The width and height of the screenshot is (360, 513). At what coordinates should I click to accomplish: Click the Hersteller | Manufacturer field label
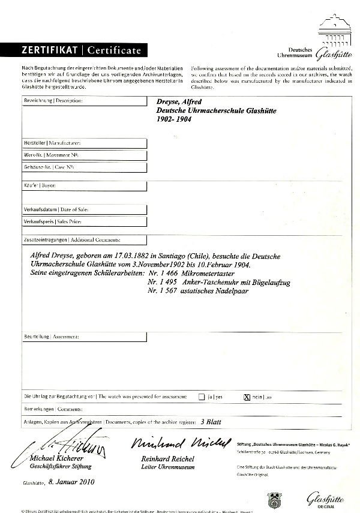tap(52, 143)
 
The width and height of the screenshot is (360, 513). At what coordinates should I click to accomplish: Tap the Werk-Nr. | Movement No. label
tap(50, 155)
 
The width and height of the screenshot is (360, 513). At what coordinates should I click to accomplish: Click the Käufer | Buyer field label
tap(40, 186)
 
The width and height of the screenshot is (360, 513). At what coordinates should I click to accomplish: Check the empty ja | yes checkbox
tap(201, 397)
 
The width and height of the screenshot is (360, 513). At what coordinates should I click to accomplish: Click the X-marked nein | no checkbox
tap(245, 397)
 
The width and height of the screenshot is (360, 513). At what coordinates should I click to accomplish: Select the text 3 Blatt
tap(211, 422)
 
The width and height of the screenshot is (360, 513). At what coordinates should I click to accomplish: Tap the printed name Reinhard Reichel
tap(161, 459)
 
